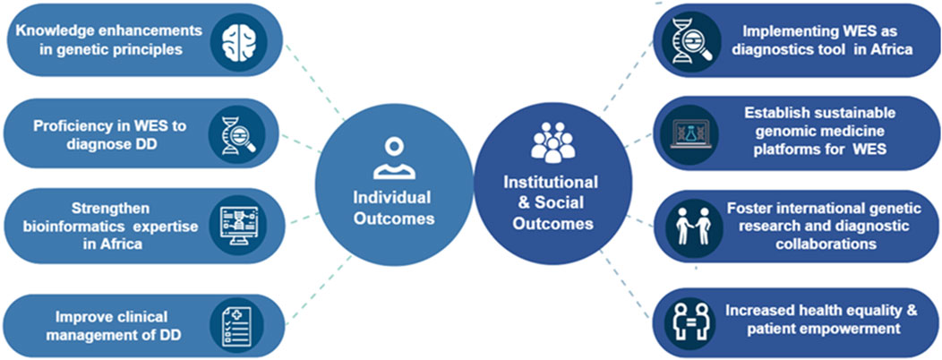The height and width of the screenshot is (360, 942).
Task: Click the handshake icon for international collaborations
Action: (x=692, y=226)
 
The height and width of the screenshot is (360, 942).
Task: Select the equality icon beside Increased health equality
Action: (x=692, y=319)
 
